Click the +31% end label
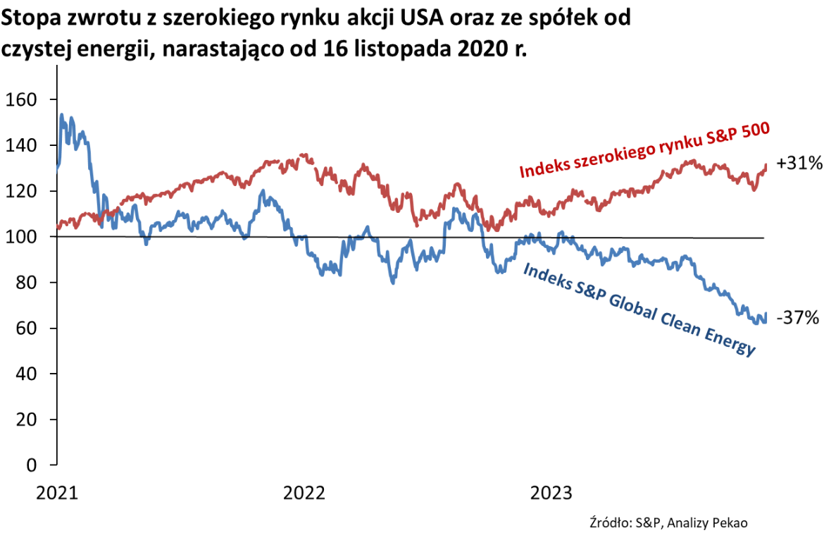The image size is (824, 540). [x=799, y=164]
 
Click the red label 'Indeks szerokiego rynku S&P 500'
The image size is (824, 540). [x=643, y=151]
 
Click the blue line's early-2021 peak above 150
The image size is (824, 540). [x=62, y=114]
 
